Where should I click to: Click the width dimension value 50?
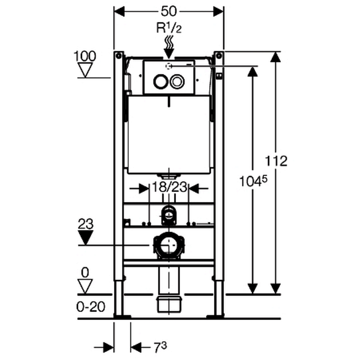point(169,11)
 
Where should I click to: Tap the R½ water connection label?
point(169,29)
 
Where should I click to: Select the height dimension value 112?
point(276,161)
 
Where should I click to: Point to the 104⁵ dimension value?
point(253,181)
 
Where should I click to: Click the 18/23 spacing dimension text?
point(170,187)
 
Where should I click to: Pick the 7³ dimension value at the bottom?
point(160,347)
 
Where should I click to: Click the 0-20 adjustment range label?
point(91,307)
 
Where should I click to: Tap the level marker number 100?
point(85,56)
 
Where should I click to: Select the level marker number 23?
point(86,224)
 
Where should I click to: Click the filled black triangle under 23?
point(86,237)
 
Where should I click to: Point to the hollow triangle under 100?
point(85,70)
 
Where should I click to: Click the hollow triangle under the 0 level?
point(85,286)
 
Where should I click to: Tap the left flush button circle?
point(160,82)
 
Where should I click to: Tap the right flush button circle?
point(177,82)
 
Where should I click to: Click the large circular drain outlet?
point(169,245)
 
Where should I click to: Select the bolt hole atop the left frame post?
point(118,55)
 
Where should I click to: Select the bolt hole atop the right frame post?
point(219,55)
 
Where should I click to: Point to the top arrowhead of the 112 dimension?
point(275,57)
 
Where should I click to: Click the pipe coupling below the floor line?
point(169,304)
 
